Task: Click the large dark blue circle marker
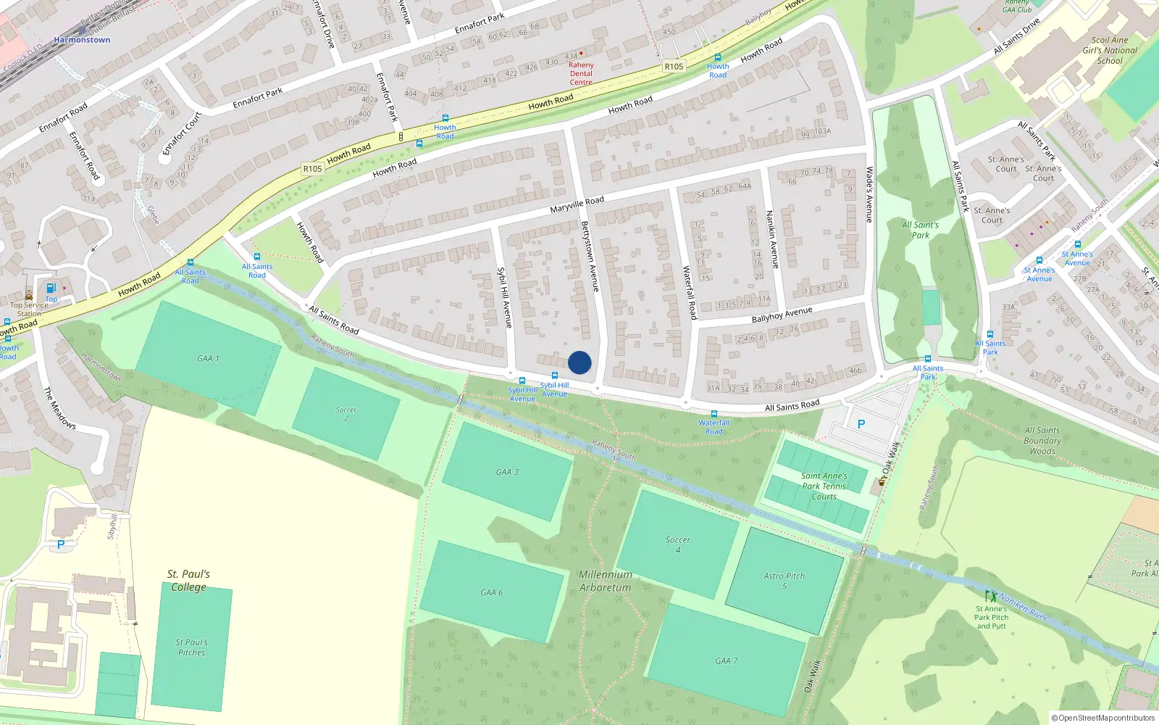tap(579, 362)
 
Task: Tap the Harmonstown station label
tap(82, 40)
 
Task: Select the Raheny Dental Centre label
tap(581, 73)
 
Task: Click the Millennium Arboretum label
tap(606, 581)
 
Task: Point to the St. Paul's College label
tap(188, 580)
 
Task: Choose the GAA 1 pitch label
tap(208, 358)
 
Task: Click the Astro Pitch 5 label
tap(784, 581)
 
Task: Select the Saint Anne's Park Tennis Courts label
tap(824, 486)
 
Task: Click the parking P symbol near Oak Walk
tap(861, 424)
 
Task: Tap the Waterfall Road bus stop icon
tap(714, 414)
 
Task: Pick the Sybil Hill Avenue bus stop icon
tap(522, 381)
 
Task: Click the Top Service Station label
tap(30, 309)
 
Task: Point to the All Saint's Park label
tap(920, 230)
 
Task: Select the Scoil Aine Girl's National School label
tap(1110, 51)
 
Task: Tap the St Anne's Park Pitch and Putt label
tap(991, 617)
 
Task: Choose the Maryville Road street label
tap(577, 204)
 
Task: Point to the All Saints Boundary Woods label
tap(1042, 440)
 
